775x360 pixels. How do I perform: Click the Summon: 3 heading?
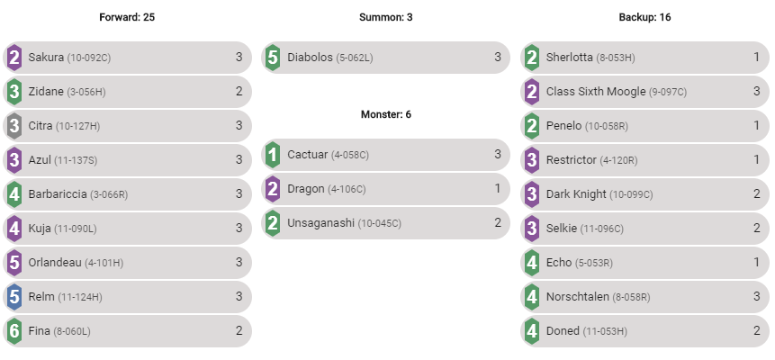point(385,17)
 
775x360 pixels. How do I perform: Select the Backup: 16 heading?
point(644,17)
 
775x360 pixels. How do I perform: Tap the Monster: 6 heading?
point(385,114)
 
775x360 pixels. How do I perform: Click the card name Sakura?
point(46,57)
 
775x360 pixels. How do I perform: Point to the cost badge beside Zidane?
point(14,91)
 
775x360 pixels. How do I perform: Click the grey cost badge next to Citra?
point(14,125)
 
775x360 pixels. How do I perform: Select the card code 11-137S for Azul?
point(76,159)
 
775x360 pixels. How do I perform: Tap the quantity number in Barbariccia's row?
point(239,193)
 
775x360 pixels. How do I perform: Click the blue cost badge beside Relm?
point(14,296)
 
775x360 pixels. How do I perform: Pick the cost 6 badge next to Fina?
point(14,330)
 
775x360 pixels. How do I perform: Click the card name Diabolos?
point(310,57)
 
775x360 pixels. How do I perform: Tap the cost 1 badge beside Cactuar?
point(273,155)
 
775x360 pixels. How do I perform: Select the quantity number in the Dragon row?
point(498,188)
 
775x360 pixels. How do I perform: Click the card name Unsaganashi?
point(321,222)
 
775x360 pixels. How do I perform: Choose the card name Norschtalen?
point(578,296)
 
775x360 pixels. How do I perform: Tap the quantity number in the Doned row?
point(757,330)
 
